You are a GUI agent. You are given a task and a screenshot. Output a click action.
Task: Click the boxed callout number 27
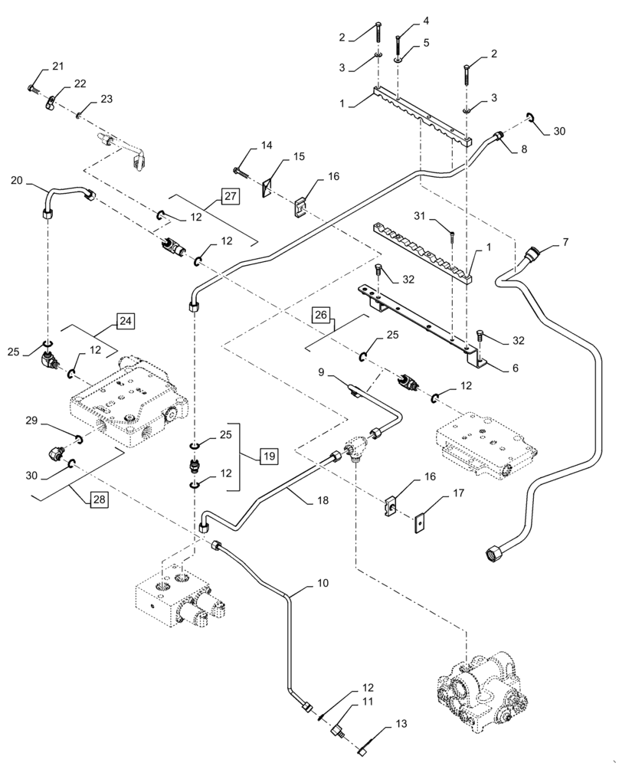pyautogui.click(x=231, y=198)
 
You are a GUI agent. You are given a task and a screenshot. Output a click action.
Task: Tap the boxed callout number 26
pyautogui.click(x=320, y=316)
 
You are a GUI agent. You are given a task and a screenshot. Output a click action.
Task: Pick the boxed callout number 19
pyautogui.click(x=268, y=456)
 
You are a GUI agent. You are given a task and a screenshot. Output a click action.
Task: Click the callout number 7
pyautogui.click(x=565, y=243)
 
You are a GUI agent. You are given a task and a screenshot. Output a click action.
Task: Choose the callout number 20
pyautogui.click(x=16, y=181)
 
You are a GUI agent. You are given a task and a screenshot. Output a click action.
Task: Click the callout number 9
pyautogui.click(x=322, y=372)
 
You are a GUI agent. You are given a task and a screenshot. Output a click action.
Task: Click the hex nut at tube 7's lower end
pyautogui.click(x=493, y=550)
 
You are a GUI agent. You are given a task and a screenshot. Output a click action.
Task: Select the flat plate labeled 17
pyautogui.click(x=418, y=523)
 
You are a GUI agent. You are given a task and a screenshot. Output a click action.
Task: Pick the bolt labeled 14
pyautogui.click(x=239, y=172)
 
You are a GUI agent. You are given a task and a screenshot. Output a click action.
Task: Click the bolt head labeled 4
pyautogui.click(x=398, y=41)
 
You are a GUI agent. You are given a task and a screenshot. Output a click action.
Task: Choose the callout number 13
pyautogui.click(x=401, y=723)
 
